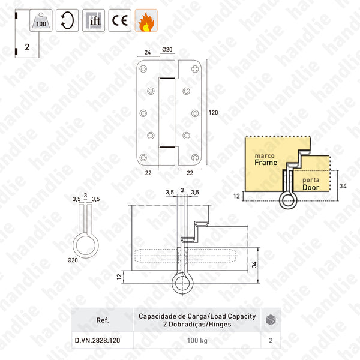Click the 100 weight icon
(41, 20)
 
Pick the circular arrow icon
(67, 20)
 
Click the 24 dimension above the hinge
(147, 52)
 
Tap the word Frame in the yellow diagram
(266, 163)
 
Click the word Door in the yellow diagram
(311, 187)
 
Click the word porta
(310, 179)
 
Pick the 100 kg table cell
(197, 340)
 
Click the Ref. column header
(102, 320)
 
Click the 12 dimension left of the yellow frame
(237, 196)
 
